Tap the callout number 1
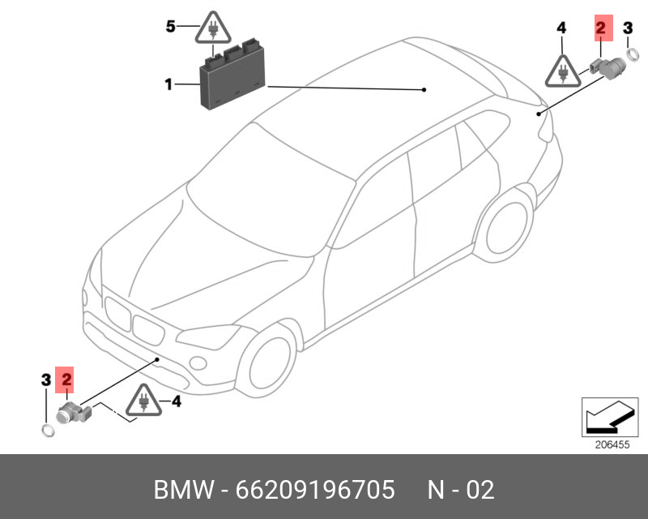click(x=168, y=84)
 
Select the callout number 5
click(x=171, y=27)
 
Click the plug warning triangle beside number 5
click(x=211, y=31)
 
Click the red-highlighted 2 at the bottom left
click(x=66, y=378)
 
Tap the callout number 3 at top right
click(x=627, y=29)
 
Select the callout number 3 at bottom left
click(x=46, y=378)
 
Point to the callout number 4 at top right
click(x=561, y=29)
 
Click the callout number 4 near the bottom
click(x=176, y=400)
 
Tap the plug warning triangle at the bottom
click(x=143, y=401)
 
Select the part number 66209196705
click(x=315, y=490)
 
